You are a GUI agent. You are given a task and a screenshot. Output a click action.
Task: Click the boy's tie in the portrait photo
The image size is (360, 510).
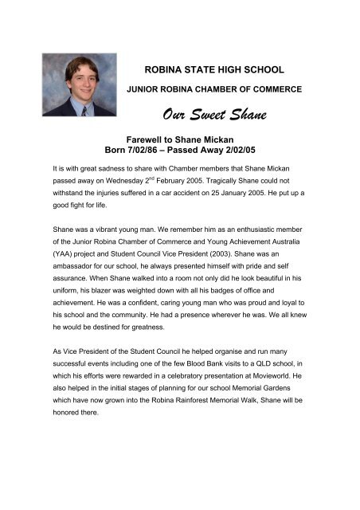[83, 111]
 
